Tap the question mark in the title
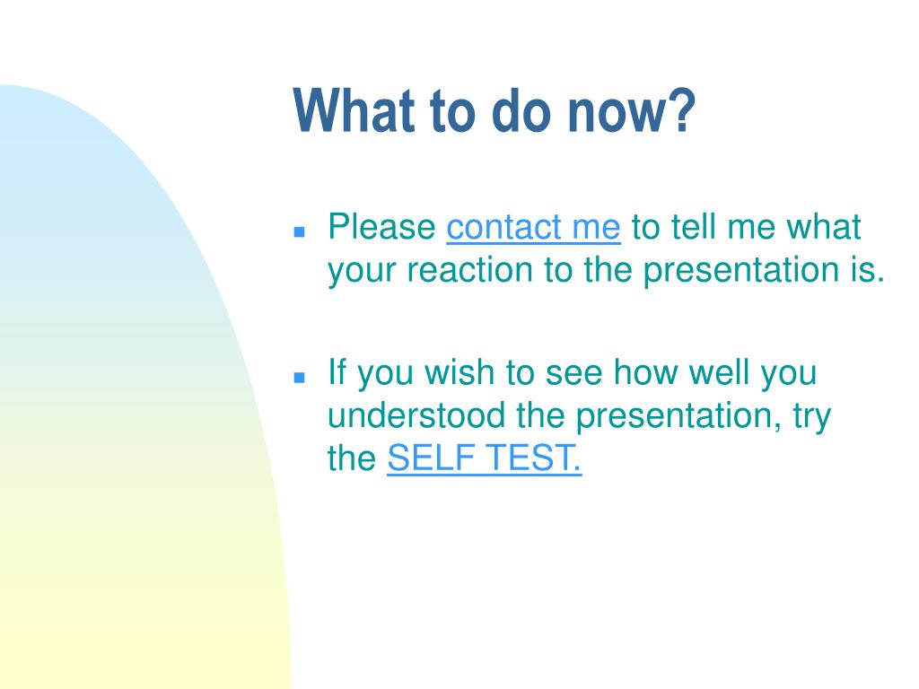(x=683, y=110)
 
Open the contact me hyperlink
(x=533, y=227)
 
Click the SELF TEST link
(x=484, y=458)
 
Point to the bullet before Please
(x=300, y=232)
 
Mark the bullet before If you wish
(x=300, y=378)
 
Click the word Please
(x=381, y=227)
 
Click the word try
(x=812, y=417)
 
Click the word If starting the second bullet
(x=337, y=371)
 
